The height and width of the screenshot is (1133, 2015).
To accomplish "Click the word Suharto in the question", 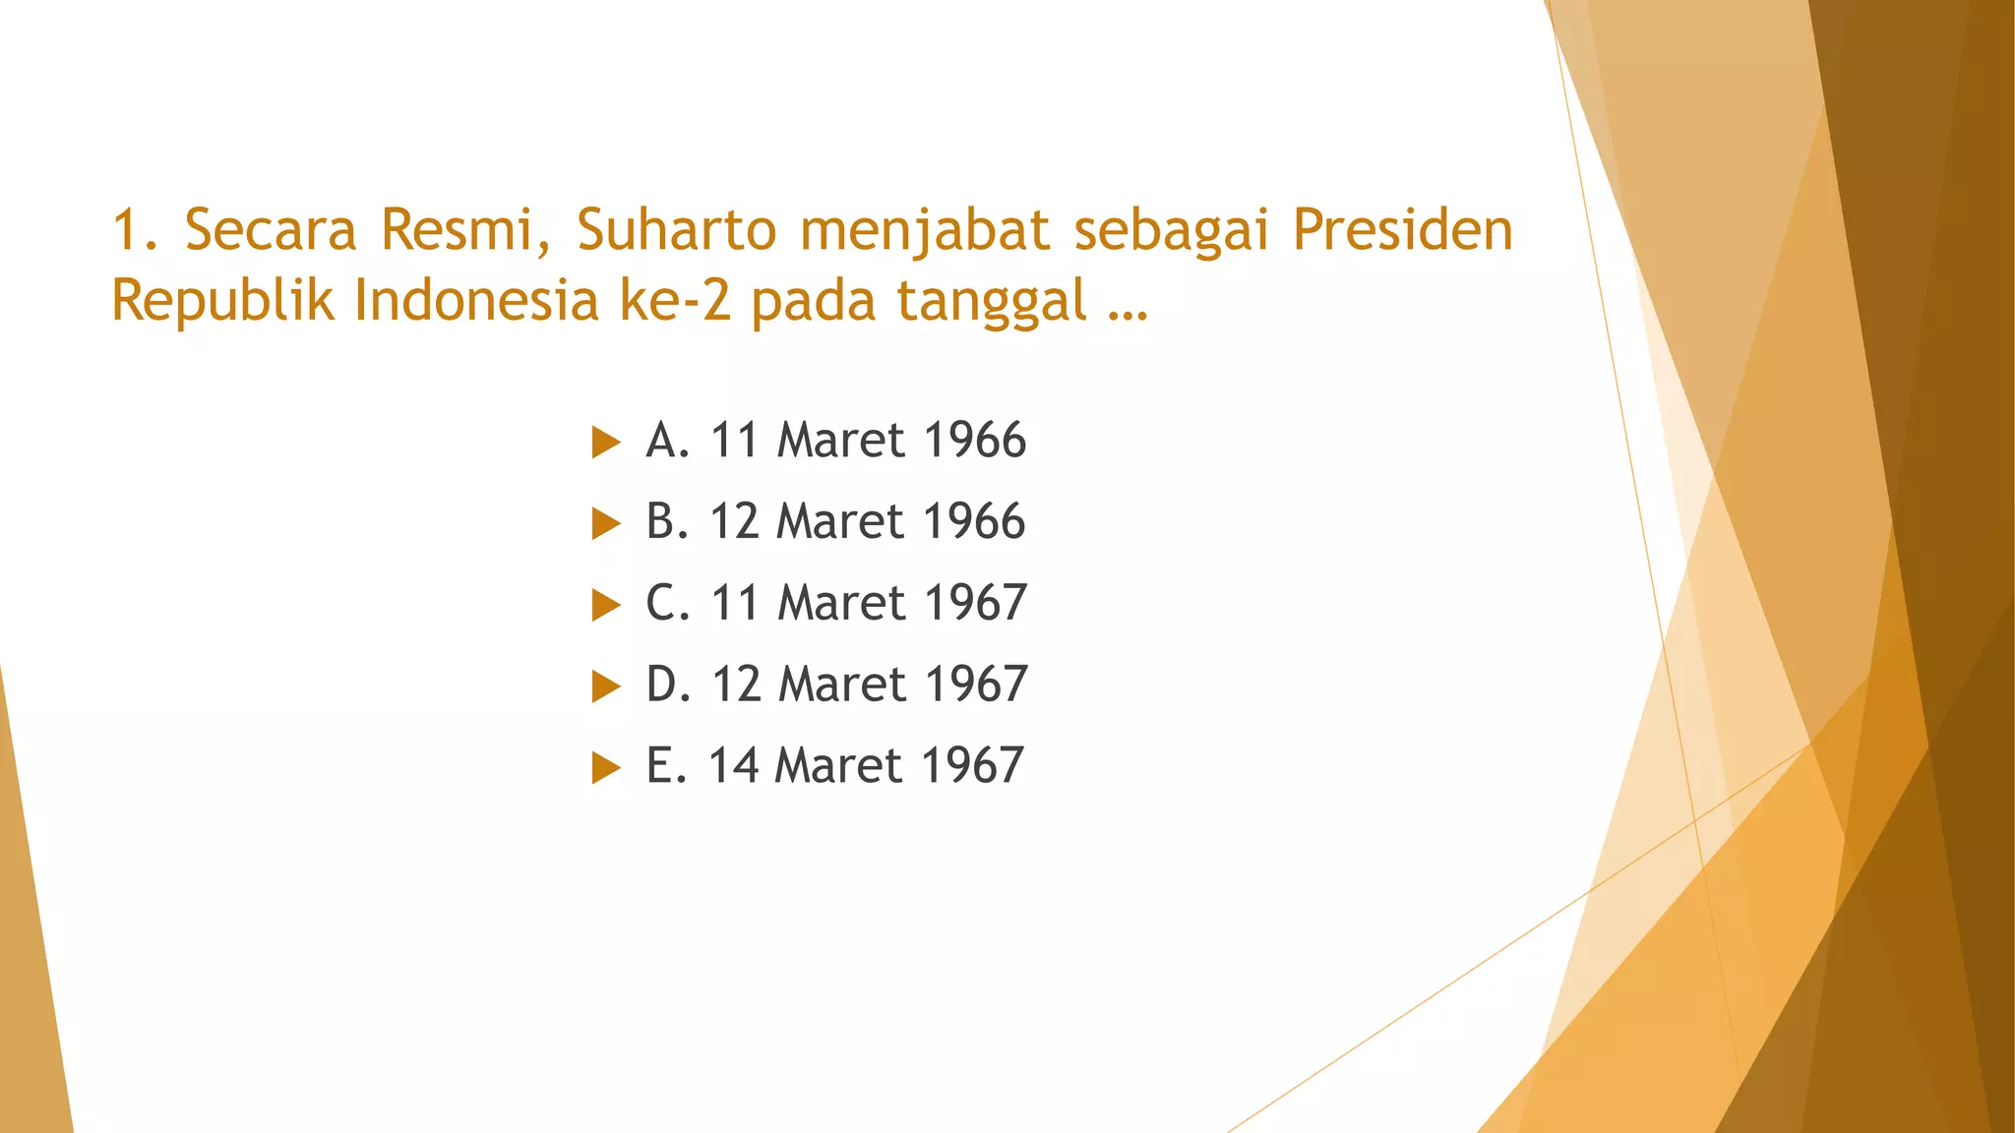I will click(677, 230).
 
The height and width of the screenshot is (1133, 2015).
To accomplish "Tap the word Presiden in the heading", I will click(1402, 230).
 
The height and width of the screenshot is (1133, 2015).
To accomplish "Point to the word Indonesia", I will click(476, 300).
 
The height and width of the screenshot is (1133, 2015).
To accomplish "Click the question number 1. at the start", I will click(136, 230).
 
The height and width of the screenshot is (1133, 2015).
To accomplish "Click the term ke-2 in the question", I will click(675, 300).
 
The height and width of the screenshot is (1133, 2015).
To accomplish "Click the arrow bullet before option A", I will click(606, 443).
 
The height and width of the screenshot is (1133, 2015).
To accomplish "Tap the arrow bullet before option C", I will click(606, 605).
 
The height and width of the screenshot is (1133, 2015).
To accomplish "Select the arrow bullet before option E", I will click(606, 767).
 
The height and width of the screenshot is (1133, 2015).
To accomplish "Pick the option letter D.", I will click(664, 685).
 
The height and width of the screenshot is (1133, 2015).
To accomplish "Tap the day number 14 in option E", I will click(733, 766).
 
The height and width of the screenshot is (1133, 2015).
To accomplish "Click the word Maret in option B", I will click(839, 521).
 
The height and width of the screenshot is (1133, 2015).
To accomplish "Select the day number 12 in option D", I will click(736, 685).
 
